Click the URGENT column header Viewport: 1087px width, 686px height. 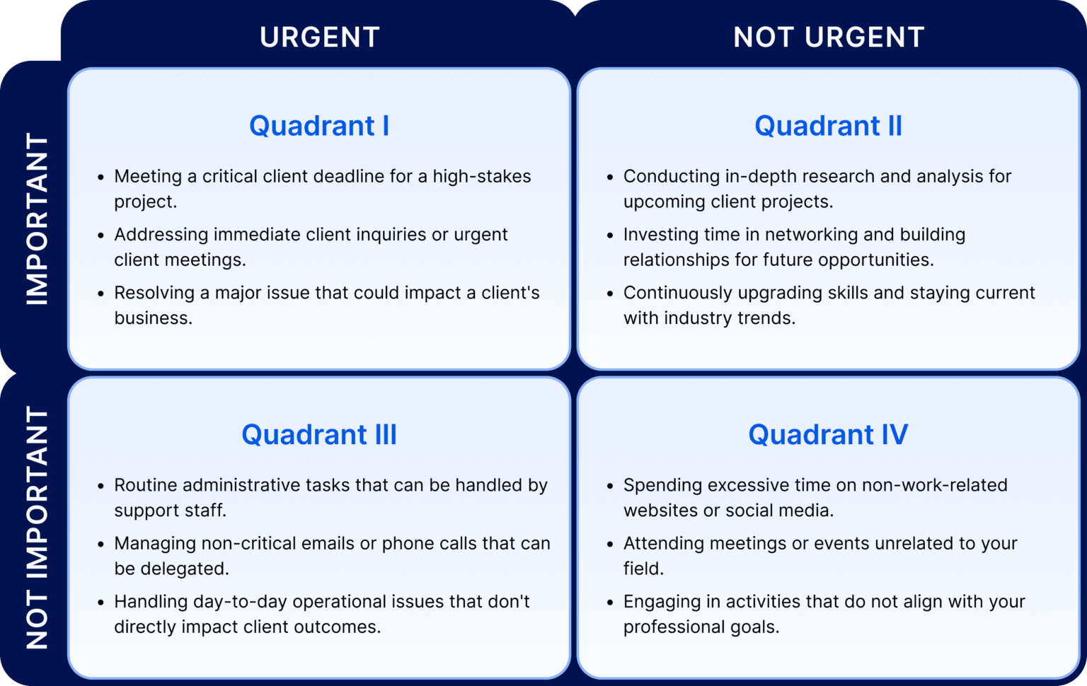[319, 37]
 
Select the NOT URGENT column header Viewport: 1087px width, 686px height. [829, 37]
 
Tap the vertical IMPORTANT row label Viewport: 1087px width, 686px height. [37, 219]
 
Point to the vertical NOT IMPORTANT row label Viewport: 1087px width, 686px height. [37, 528]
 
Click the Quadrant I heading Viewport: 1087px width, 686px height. [319, 126]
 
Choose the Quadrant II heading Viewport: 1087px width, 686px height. [828, 126]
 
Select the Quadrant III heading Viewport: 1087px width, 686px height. [319, 434]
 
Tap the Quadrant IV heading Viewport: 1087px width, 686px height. [828, 434]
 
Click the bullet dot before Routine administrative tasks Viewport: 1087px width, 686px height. [101, 486]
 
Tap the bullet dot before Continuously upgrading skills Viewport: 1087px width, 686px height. [610, 293]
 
